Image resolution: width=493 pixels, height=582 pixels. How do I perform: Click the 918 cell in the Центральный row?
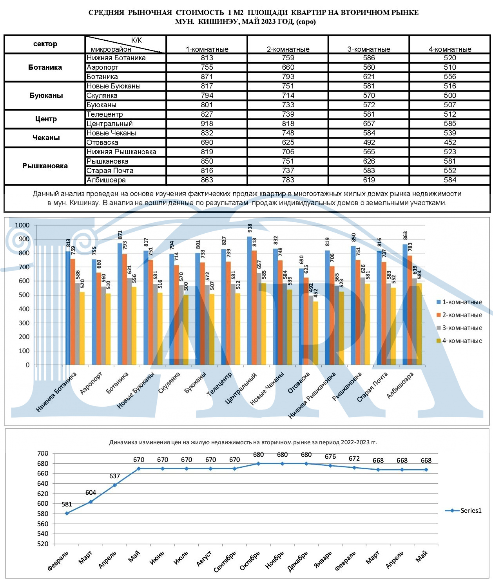tap(207, 124)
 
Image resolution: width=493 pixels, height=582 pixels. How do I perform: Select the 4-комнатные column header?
tap(450, 49)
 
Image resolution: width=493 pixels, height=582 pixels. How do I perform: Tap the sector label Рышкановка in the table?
tap(45, 166)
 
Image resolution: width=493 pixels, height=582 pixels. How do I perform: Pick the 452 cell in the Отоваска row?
tap(450, 142)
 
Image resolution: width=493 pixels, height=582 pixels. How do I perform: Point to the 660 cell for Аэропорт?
tap(288, 67)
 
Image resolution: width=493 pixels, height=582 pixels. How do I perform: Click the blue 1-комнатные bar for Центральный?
tap(250, 301)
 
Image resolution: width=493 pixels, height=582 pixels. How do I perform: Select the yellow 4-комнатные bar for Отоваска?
tap(316, 333)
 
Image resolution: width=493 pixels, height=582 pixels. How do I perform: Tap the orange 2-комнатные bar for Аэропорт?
tap(99, 319)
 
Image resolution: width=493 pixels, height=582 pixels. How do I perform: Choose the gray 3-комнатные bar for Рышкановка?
tap(363, 321)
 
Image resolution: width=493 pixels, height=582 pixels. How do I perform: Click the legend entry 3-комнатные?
tap(459, 328)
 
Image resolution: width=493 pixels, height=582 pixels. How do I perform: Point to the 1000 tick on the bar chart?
tap(22, 225)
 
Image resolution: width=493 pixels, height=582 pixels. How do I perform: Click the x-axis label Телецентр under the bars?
tap(219, 384)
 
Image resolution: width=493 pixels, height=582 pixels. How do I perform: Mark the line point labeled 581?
tap(67, 513)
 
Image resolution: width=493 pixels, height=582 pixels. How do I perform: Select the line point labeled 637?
tap(115, 485)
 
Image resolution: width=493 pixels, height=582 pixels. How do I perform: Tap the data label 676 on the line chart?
tap(330, 456)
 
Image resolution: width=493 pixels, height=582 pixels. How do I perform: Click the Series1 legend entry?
tap(463, 510)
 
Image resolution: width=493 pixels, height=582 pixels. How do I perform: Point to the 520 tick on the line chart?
tap(43, 544)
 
